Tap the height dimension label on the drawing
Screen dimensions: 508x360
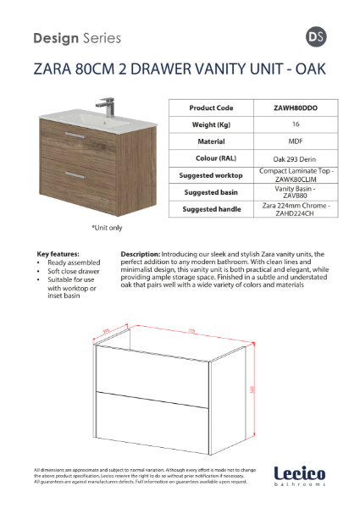tap(252, 389)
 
